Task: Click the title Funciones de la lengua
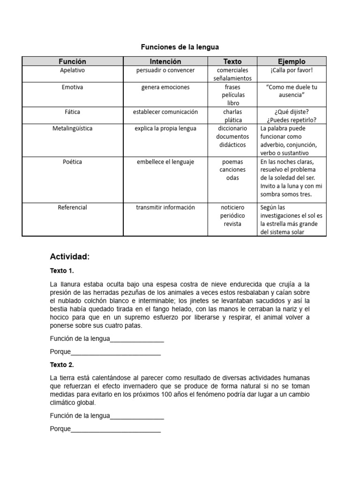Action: (x=180, y=47)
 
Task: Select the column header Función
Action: (x=72, y=61)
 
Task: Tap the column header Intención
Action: (x=165, y=61)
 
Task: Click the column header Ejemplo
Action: (x=291, y=61)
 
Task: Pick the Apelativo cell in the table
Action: (x=72, y=70)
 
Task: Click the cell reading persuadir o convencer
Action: (x=165, y=70)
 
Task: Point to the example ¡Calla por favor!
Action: (x=291, y=70)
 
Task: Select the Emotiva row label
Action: (x=72, y=87)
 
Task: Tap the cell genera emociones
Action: (x=165, y=87)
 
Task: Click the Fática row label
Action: (x=72, y=112)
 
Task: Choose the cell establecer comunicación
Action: (x=165, y=112)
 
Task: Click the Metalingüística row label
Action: (x=72, y=128)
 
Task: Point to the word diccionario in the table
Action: (x=232, y=128)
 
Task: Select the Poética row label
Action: (x=72, y=162)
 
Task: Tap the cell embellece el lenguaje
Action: (x=165, y=162)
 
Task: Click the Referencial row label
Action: (x=72, y=207)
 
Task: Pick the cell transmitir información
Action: (x=165, y=207)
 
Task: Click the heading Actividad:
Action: (x=69, y=257)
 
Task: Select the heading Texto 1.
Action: (x=62, y=271)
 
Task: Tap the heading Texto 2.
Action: (x=62, y=365)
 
